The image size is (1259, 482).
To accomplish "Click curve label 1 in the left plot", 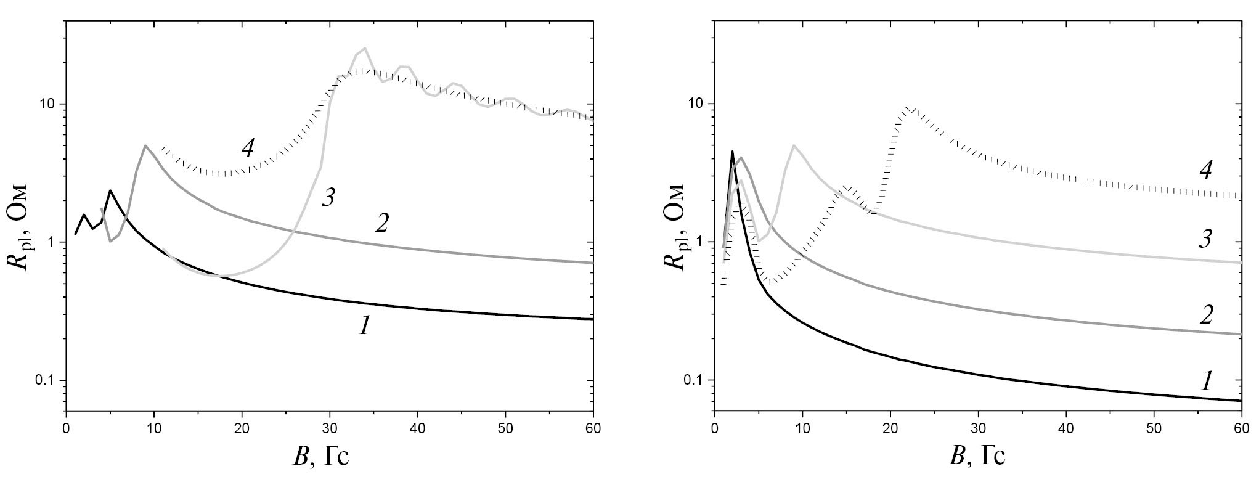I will pos(365,327).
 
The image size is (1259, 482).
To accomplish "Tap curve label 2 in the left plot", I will pos(382,223).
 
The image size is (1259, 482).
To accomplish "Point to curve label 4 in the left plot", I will pos(247,148).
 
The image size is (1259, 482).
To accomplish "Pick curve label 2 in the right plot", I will pos(1206,315).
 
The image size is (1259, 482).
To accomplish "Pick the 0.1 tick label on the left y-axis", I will pos(44,380).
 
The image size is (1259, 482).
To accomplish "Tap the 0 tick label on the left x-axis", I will pos(66,427).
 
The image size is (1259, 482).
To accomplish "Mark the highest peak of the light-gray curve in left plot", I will pos(365,48).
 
